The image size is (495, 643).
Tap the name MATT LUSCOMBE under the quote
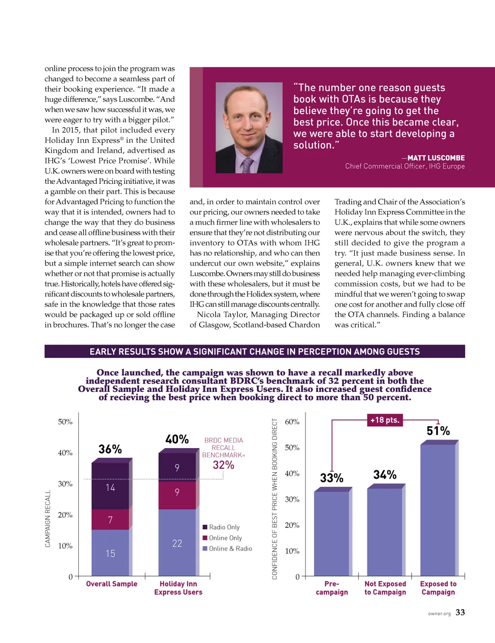coord(436,158)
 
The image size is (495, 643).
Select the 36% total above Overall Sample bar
coord(110,449)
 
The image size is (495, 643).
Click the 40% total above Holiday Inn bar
coord(177,439)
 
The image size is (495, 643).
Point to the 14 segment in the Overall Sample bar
coord(110,488)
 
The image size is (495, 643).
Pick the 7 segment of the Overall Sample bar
coord(110,520)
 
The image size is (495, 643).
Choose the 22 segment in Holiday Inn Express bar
coord(177,543)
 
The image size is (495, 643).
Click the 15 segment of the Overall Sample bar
coord(110,553)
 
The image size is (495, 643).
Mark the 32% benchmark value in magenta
coord(223,465)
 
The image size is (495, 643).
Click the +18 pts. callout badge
coord(385,420)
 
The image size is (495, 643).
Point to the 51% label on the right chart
coord(438,431)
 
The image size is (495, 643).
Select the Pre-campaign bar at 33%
coord(332,532)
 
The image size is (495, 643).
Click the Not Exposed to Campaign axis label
coord(385,588)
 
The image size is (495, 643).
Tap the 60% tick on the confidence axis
coord(292,422)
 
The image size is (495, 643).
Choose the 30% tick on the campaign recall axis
coord(65,484)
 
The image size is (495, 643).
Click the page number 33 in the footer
coord(460,613)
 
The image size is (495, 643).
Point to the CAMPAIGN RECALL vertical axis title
coord(48,519)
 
